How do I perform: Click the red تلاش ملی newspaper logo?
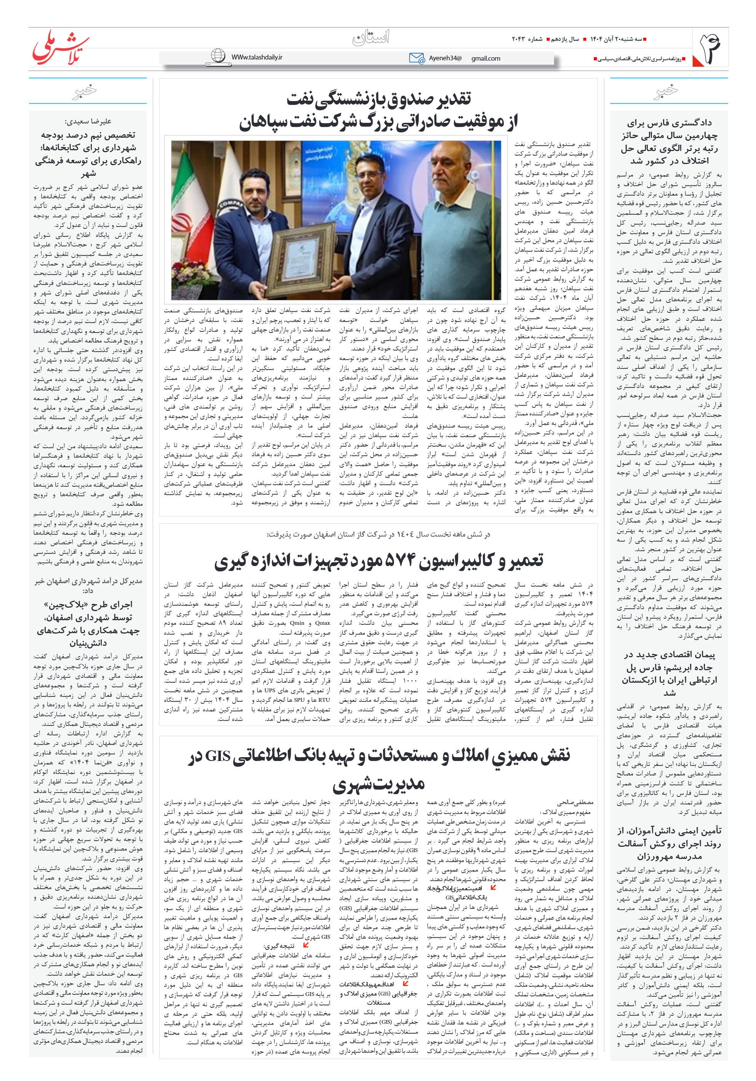(60, 48)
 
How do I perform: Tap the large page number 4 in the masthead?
(710, 48)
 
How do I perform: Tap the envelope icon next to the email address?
(416, 58)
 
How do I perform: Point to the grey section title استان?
(371, 38)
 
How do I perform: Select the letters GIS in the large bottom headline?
(218, 756)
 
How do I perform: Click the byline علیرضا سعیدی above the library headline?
(88, 121)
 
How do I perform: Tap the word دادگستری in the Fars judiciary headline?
(693, 123)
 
